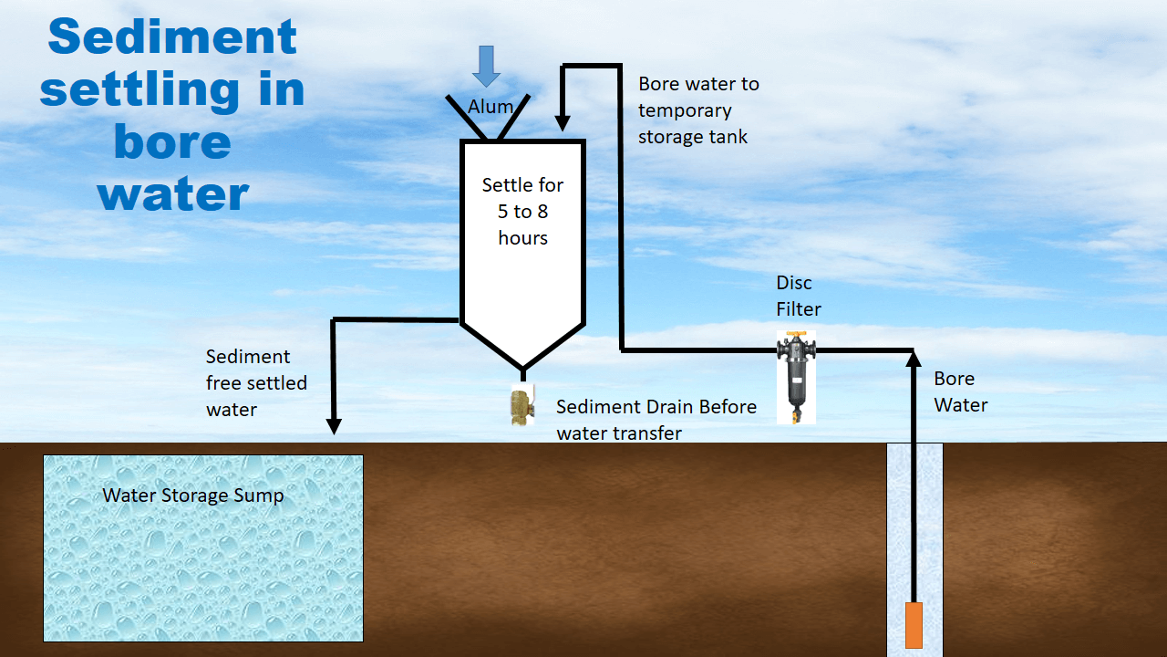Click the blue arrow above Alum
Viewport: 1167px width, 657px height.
click(x=487, y=66)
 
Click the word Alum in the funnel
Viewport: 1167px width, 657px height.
click(x=491, y=107)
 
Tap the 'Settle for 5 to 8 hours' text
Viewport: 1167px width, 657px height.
click(x=522, y=211)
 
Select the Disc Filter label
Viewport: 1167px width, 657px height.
click(x=799, y=296)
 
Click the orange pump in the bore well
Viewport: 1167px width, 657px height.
click(x=914, y=625)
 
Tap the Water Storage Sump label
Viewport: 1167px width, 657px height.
click(x=192, y=495)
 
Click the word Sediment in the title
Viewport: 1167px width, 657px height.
click(x=172, y=38)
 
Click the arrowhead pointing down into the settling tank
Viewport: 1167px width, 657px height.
click(x=563, y=120)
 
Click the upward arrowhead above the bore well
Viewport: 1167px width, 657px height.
click(x=914, y=360)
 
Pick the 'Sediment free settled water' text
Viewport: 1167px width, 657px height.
click(x=256, y=383)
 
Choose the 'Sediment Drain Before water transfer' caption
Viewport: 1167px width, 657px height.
click(x=656, y=420)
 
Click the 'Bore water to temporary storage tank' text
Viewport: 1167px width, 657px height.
click(x=698, y=110)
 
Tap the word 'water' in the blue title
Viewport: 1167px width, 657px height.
click(x=173, y=193)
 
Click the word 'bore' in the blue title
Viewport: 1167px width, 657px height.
click(x=172, y=141)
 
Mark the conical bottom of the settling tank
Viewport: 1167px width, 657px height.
click(x=522, y=344)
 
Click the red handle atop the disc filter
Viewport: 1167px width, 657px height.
click(x=797, y=336)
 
